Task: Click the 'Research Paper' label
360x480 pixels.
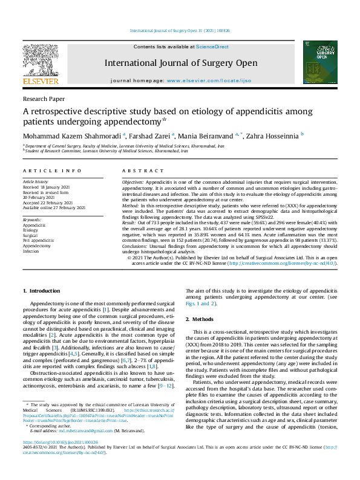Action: [x=44, y=98]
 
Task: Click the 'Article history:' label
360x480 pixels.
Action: [x=36, y=181]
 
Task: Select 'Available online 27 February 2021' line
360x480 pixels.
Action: [x=54, y=207]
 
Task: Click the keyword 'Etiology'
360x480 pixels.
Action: [x=30, y=230]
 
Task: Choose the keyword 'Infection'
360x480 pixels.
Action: [x=31, y=251]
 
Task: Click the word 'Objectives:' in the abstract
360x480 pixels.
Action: [x=133, y=182]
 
